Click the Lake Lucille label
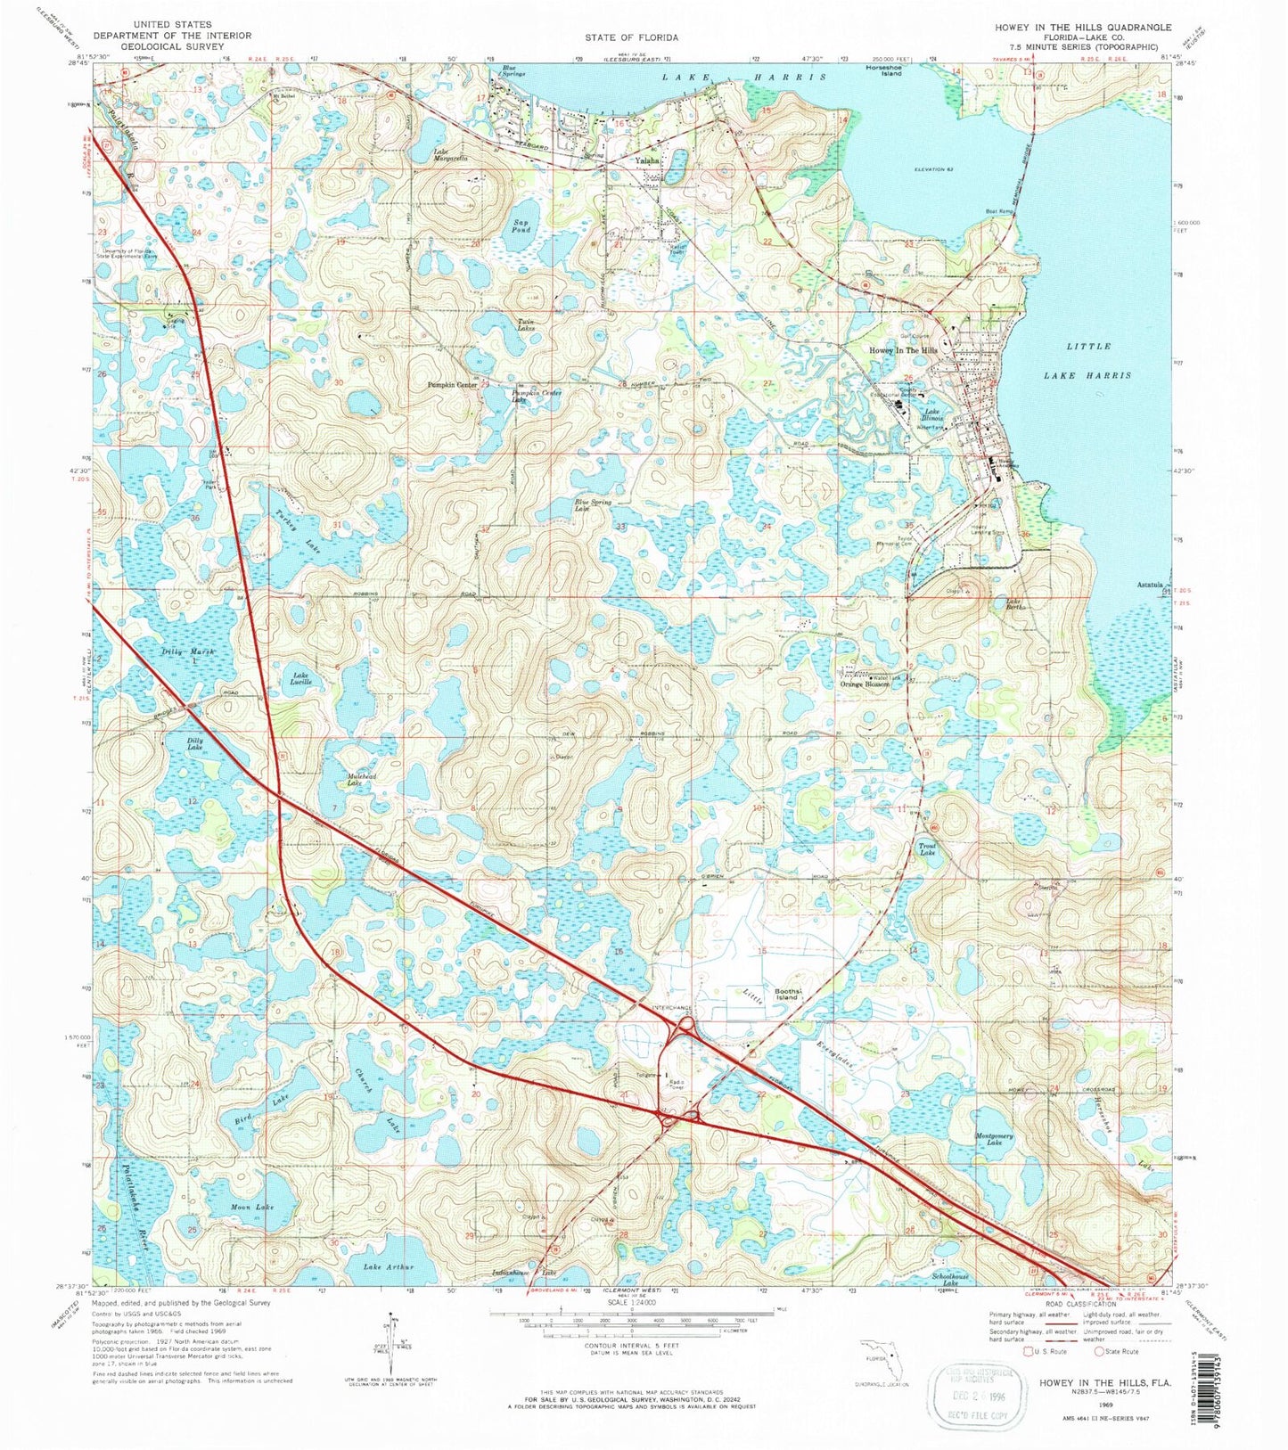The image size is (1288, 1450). pos(301,679)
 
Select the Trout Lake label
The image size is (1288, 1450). pos(928,849)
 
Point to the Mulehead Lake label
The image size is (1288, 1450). pos(342,779)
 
